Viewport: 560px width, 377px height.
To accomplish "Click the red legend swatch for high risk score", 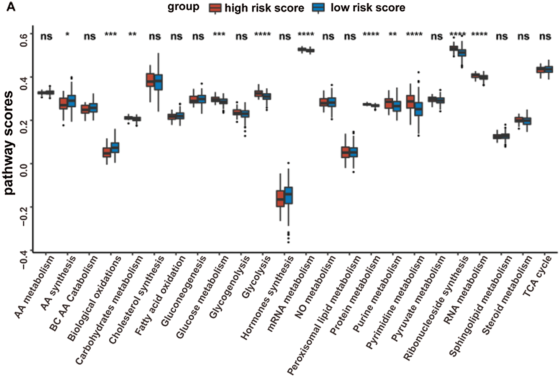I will [x=215, y=8].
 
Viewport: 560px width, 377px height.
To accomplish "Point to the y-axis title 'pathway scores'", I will [x=9, y=143].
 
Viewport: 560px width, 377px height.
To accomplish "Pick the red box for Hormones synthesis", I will [x=280, y=198].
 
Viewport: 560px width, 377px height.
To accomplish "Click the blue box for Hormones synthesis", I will [x=288, y=195].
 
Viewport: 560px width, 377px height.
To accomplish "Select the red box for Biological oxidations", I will [x=107, y=152].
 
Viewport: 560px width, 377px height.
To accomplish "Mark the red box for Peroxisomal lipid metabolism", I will [x=345, y=152].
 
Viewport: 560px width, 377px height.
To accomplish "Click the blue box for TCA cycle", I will [x=549, y=69].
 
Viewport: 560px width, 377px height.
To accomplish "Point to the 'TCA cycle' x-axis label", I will [x=537, y=276].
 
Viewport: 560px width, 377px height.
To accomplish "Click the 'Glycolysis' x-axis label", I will [x=256, y=277].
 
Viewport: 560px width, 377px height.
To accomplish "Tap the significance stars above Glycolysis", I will [x=263, y=35].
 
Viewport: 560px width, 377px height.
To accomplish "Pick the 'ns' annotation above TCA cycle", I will [x=545, y=37].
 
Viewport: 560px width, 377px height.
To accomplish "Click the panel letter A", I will [x=11, y=7].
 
